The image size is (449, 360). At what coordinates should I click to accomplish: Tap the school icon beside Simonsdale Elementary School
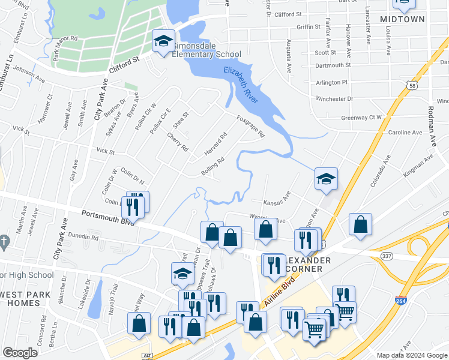(163, 41)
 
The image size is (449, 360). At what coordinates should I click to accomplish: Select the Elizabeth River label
(241, 86)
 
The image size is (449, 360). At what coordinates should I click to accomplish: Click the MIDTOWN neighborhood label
(402, 19)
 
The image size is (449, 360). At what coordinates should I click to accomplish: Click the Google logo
(20, 353)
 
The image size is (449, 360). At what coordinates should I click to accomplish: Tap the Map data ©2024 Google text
(412, 355)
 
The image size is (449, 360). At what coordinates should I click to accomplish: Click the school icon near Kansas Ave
(326, 179)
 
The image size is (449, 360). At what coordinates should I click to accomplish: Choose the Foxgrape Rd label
(250, 126)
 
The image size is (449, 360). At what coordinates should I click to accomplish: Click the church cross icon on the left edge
(4, 242)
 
